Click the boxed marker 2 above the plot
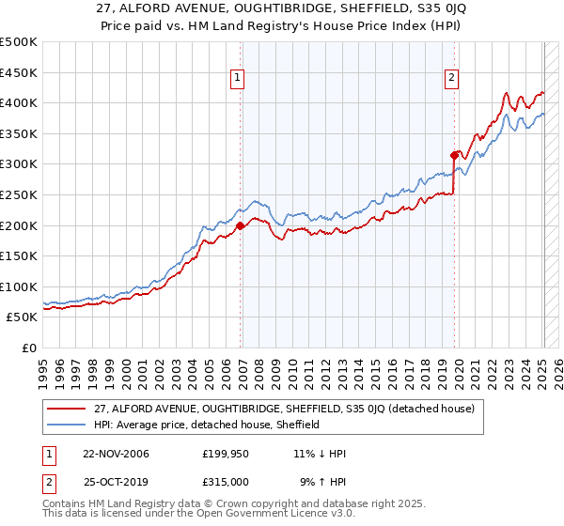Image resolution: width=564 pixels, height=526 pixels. coord(452,78)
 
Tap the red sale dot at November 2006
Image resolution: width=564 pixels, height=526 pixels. coord(240,225)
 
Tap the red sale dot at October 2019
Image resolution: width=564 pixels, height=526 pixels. coord(454,155)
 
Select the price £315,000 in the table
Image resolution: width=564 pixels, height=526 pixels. coord(225,481)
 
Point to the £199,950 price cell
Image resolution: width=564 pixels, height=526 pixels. coord(225,454)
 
